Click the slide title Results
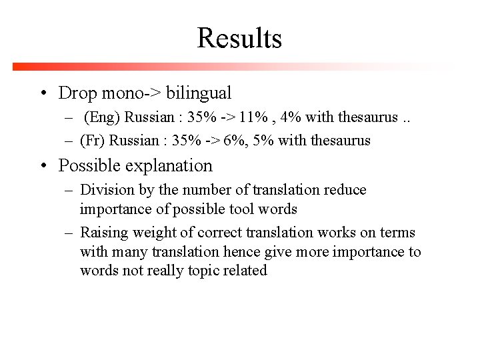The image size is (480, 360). (239, 38)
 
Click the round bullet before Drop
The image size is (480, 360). (43, 93)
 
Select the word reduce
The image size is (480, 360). (345, 190)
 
